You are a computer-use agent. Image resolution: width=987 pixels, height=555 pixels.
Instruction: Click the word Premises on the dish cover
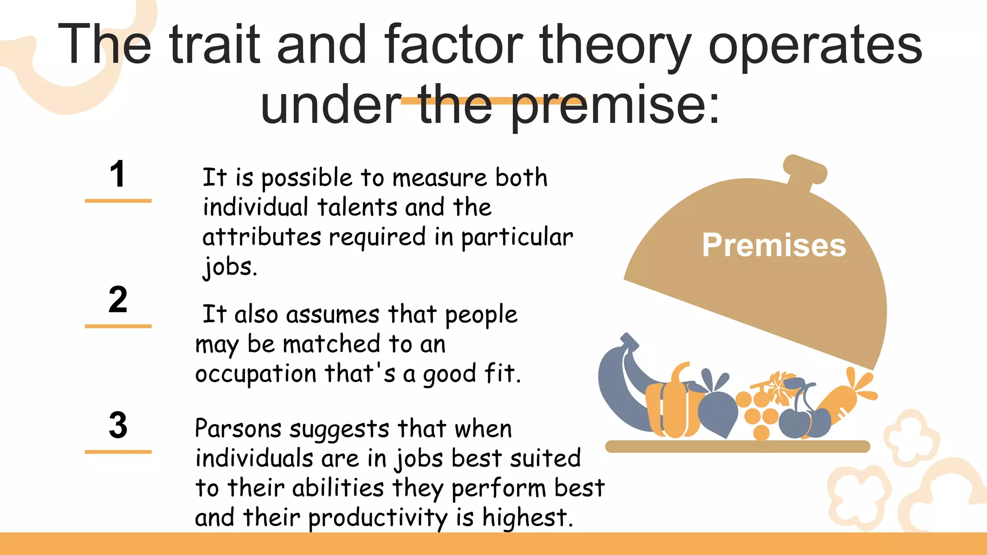pyautogui.click(x=774, y=245)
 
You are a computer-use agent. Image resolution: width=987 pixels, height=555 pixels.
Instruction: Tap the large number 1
pyautogui.click(x=118, y=174)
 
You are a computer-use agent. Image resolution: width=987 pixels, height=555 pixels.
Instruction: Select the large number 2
pyautogui.click(x=118, y=300)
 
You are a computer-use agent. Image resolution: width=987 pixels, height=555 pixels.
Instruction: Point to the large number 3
pyautogui.click(x=118, y=425)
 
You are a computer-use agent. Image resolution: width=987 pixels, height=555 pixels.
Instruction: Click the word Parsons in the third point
pyautogui.click(x=238, y=428)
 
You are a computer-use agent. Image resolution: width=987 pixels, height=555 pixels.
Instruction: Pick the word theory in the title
pyautogui.click(x=615, y=46)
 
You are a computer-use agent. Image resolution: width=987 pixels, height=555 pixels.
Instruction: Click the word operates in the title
pyautogui.click(x=815, y=46)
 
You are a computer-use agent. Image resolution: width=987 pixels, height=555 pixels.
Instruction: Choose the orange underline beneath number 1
pyautogui.click(x=118, y=200)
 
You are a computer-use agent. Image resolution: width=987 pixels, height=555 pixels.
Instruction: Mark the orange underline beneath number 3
pyautogui.click(x=118, y=452)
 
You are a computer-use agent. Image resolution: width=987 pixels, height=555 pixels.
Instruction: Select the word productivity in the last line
pyautogui.click(x=378, y=518)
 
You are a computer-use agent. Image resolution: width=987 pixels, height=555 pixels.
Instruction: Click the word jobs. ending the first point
pyautogui.click(x=229, y=266)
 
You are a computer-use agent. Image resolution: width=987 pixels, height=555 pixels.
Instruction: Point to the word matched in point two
pyautogui.click(x=332, y=344)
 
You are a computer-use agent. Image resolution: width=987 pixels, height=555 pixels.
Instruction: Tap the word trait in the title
pyautogui.click(x=214, y=46)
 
